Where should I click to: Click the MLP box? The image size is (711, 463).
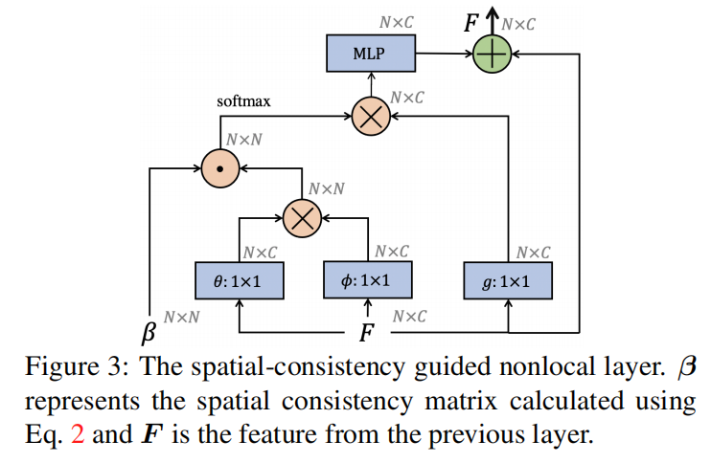tap(368, 54)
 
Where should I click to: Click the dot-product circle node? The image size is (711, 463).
tap(220, 168)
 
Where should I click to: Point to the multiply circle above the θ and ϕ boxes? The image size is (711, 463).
tap(302, 217)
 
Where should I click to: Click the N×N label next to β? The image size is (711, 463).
tap(181, 316)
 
